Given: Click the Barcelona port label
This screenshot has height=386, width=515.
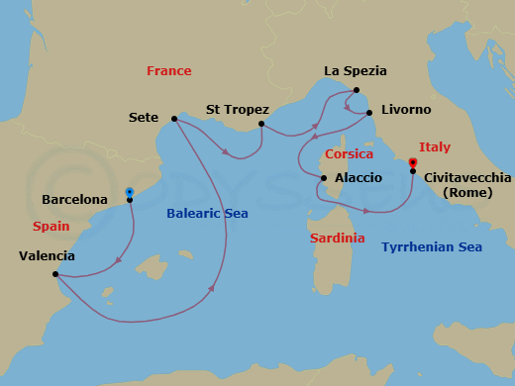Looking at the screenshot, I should click(x=74, y=200).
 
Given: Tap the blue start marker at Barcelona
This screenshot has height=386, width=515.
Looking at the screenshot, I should click(x=130, y=191).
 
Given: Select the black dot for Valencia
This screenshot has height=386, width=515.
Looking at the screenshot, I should click(x=55, y=274).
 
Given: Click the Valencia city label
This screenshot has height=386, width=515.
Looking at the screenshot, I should click(x=47, y=256).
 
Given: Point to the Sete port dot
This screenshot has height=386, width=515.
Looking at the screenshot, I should click(x=174, y=119).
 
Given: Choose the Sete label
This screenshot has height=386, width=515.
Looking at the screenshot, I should click(x=144, y=118).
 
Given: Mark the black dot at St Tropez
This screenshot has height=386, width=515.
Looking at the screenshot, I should click(x=261, y=124).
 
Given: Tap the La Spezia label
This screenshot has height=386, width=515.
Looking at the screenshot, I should click(x=355, y=71).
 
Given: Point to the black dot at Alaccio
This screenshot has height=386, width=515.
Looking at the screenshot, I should click(x=322, y=179).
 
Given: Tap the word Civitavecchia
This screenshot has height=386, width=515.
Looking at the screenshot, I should click(x=467, y=177).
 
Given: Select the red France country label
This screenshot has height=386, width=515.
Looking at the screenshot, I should click(x=168, y=71).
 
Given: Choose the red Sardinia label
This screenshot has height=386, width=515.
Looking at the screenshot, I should click(x=338, y=239).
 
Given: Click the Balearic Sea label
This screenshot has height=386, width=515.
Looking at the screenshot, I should click(x=207, y=213).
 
